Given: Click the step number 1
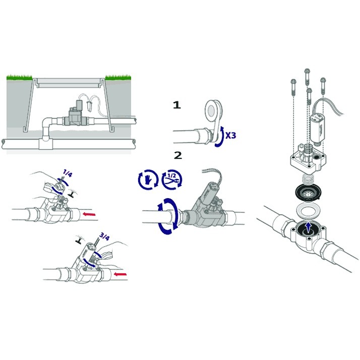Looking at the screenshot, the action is (177, 105).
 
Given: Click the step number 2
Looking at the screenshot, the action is (178, 155).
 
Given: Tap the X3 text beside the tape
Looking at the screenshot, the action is (230, 136).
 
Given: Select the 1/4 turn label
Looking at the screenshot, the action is (67, 173).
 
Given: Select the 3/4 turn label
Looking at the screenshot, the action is (104, 236).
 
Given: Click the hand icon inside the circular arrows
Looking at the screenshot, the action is (148, 179).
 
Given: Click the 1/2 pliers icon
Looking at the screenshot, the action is (172, 179).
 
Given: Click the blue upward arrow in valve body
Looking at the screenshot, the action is (309, 228).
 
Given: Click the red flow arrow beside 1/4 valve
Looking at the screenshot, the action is (89, 214).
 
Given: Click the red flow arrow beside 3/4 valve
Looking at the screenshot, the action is (121, 274).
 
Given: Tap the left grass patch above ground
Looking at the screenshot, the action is (19, 77).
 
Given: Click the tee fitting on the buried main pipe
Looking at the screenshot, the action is (45, 142).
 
